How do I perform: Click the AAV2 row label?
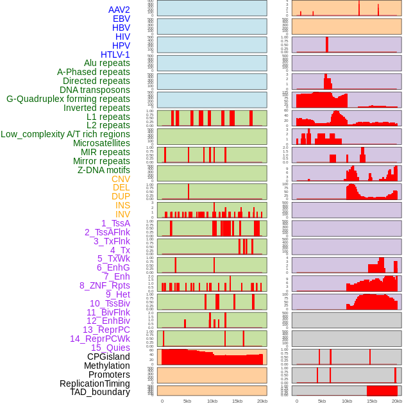119,10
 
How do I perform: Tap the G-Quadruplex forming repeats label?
68,99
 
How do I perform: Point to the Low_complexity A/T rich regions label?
65,134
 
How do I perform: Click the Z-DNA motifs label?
103,170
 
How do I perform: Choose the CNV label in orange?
121,179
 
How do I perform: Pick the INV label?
122,214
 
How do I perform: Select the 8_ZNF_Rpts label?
105,285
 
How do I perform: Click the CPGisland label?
108,357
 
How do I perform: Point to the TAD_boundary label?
100,392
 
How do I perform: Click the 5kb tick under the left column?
187,401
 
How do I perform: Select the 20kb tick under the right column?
396,401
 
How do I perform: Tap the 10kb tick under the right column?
346,401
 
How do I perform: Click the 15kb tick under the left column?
237,401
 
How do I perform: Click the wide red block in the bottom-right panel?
382,391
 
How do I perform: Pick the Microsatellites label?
101,143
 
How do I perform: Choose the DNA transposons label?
95,90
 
